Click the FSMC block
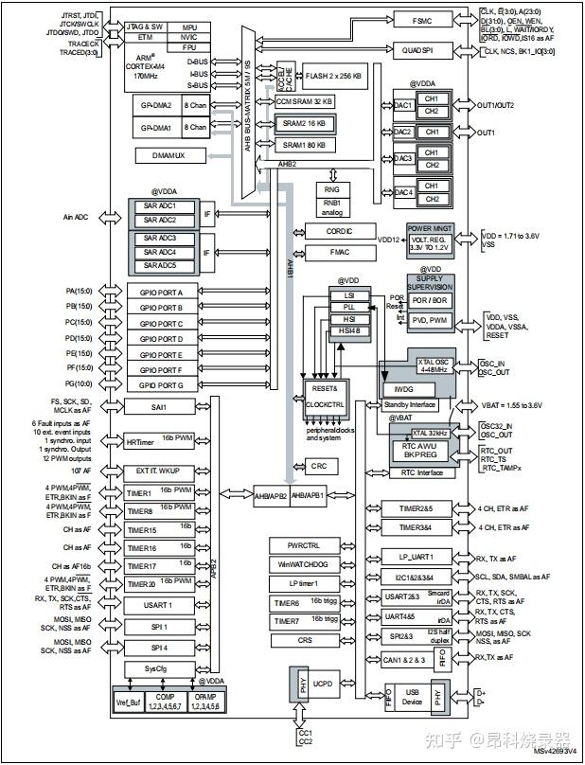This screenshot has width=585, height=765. click(423, 20)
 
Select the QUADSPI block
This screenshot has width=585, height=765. click(423, 51)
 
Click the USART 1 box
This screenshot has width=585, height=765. click(159, 605)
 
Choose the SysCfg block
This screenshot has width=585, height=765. click(159, 669)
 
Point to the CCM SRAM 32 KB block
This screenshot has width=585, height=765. click(303, 101)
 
